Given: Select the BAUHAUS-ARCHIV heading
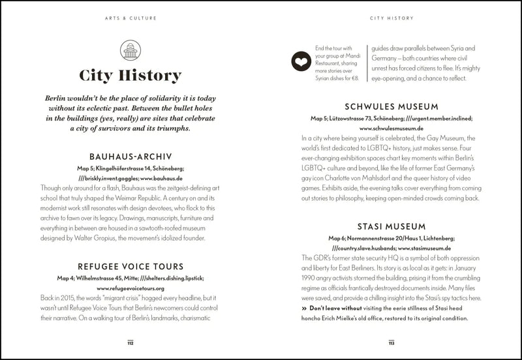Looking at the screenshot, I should (130, 157).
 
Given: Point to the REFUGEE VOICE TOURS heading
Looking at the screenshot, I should (130, 267).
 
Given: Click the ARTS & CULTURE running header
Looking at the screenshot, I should (130, 18).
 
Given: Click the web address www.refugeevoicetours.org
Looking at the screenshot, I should (130, 288).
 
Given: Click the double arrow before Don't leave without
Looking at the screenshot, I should (304, 308).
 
